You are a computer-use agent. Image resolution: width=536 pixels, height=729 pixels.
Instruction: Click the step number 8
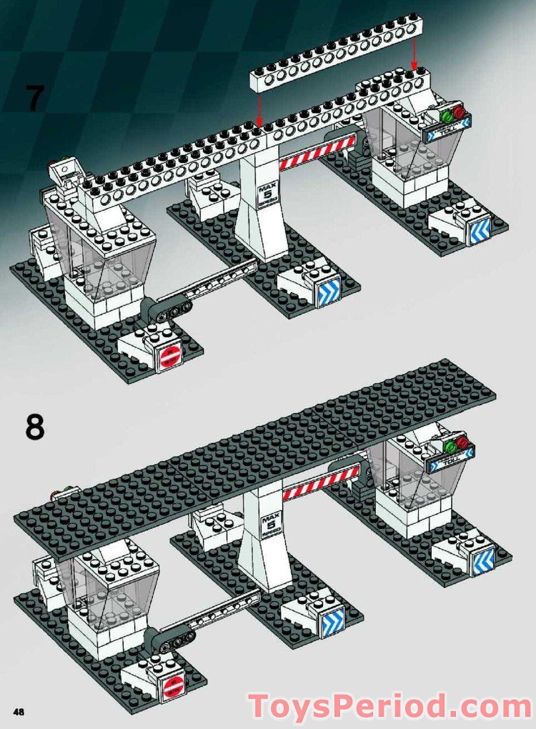click(x=34, y=427)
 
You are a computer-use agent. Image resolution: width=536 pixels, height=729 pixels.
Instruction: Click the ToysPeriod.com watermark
click(x=389, y=705)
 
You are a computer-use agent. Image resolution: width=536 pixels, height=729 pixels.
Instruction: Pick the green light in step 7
click(x=446, y=115)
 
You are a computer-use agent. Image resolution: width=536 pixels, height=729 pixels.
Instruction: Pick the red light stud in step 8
click(x=465, y=442)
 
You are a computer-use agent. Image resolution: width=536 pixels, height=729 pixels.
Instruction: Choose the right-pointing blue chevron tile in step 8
click(x=334, y=623)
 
